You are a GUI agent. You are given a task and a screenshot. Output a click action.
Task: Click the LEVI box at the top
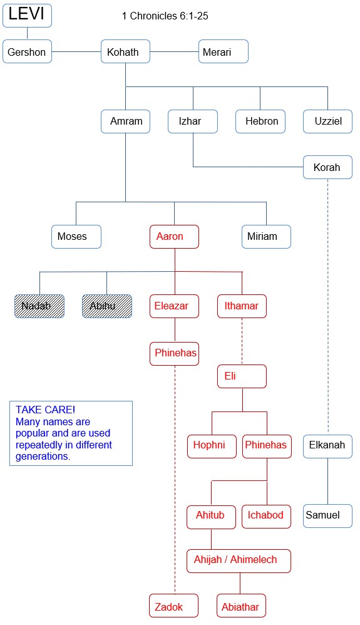27,16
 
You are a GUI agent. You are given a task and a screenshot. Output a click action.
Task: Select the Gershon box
27,51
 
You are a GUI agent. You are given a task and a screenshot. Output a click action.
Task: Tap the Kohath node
125,51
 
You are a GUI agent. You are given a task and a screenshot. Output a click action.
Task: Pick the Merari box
224,51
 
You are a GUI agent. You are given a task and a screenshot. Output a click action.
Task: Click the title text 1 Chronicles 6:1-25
165,16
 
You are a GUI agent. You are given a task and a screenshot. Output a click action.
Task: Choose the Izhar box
193,121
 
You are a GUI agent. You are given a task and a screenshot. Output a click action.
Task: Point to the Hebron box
260,121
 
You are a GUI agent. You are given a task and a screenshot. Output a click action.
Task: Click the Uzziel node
327,121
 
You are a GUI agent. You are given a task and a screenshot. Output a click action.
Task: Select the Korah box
327,167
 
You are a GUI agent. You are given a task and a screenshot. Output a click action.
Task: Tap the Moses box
76,236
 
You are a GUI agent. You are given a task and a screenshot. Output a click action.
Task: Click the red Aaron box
174,236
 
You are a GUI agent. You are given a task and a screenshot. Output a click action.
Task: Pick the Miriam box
266,236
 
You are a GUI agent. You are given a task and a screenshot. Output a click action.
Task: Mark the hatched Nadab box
39,306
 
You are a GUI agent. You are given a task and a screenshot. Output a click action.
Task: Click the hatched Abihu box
107,306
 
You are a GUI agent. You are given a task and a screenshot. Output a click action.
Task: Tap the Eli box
242,376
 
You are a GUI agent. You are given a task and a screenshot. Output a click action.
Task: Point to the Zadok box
174,606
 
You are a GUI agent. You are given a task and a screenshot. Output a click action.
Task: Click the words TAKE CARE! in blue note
46,410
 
